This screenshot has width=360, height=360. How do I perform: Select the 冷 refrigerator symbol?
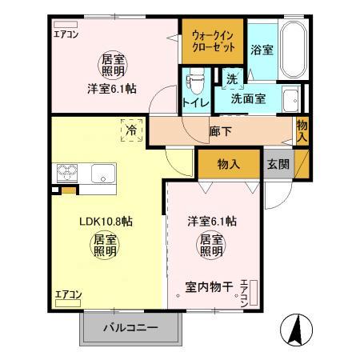pyautogui.click(x=131, y=129)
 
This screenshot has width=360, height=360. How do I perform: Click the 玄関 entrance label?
pyautogui.click(x=278, y=165)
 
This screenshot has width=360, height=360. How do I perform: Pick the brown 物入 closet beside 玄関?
pyautogui.click(x=229, y=164)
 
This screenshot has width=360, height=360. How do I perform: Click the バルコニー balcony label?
pyautogui.click(x=130, y=328)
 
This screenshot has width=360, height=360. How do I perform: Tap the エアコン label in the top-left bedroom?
pyautogui.click(x=66, y=34)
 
